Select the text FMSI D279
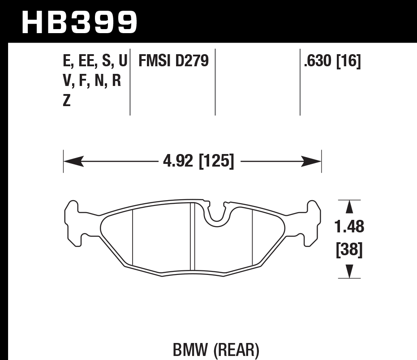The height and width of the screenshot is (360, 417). [174, 61]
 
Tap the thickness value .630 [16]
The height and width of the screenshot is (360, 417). [332, 61]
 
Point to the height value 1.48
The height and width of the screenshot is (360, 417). [349, 227]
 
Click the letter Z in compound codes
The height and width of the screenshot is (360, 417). [67, 101]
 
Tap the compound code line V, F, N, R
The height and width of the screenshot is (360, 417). [92, 81]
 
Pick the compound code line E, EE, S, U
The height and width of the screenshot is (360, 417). [95, 61]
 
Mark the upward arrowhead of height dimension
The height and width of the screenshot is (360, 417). [349, 207]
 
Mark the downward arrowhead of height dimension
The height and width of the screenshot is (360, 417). [349, 271]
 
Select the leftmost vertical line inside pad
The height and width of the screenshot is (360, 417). [133, 237]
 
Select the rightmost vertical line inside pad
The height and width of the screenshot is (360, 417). [253, 237]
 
